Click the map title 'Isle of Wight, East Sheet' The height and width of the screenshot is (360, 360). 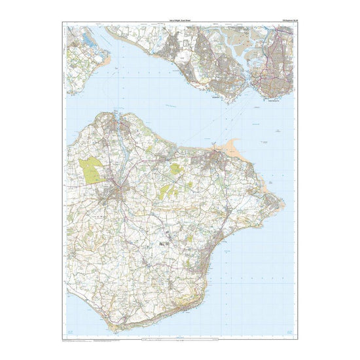point(179,22)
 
